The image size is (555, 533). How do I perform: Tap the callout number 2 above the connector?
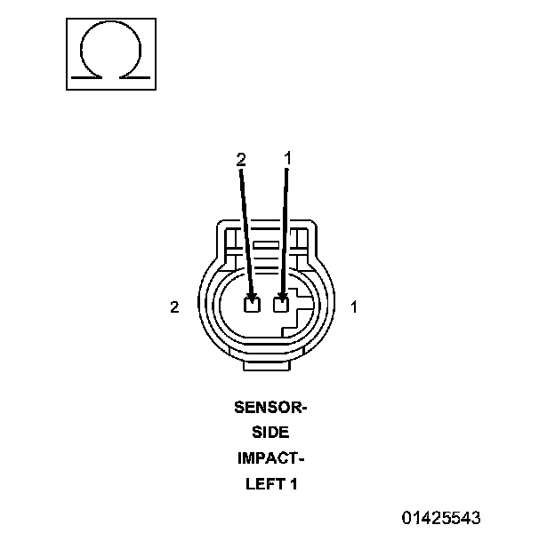[241, 158]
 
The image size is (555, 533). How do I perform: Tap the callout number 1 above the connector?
[286, 157]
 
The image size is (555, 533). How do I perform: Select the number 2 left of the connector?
[175, 307]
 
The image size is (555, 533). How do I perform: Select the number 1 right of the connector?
[354, 307]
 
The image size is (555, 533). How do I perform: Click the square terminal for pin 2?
[252, 306]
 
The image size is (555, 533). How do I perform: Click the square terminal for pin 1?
[282, 306]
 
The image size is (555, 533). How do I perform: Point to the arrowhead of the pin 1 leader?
[283, 296]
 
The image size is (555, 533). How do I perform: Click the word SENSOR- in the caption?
[269, 408]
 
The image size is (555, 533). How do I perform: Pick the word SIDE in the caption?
[269, 434]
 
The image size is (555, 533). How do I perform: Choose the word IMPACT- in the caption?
[269, 459]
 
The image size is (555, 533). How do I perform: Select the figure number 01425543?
[442, 516]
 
